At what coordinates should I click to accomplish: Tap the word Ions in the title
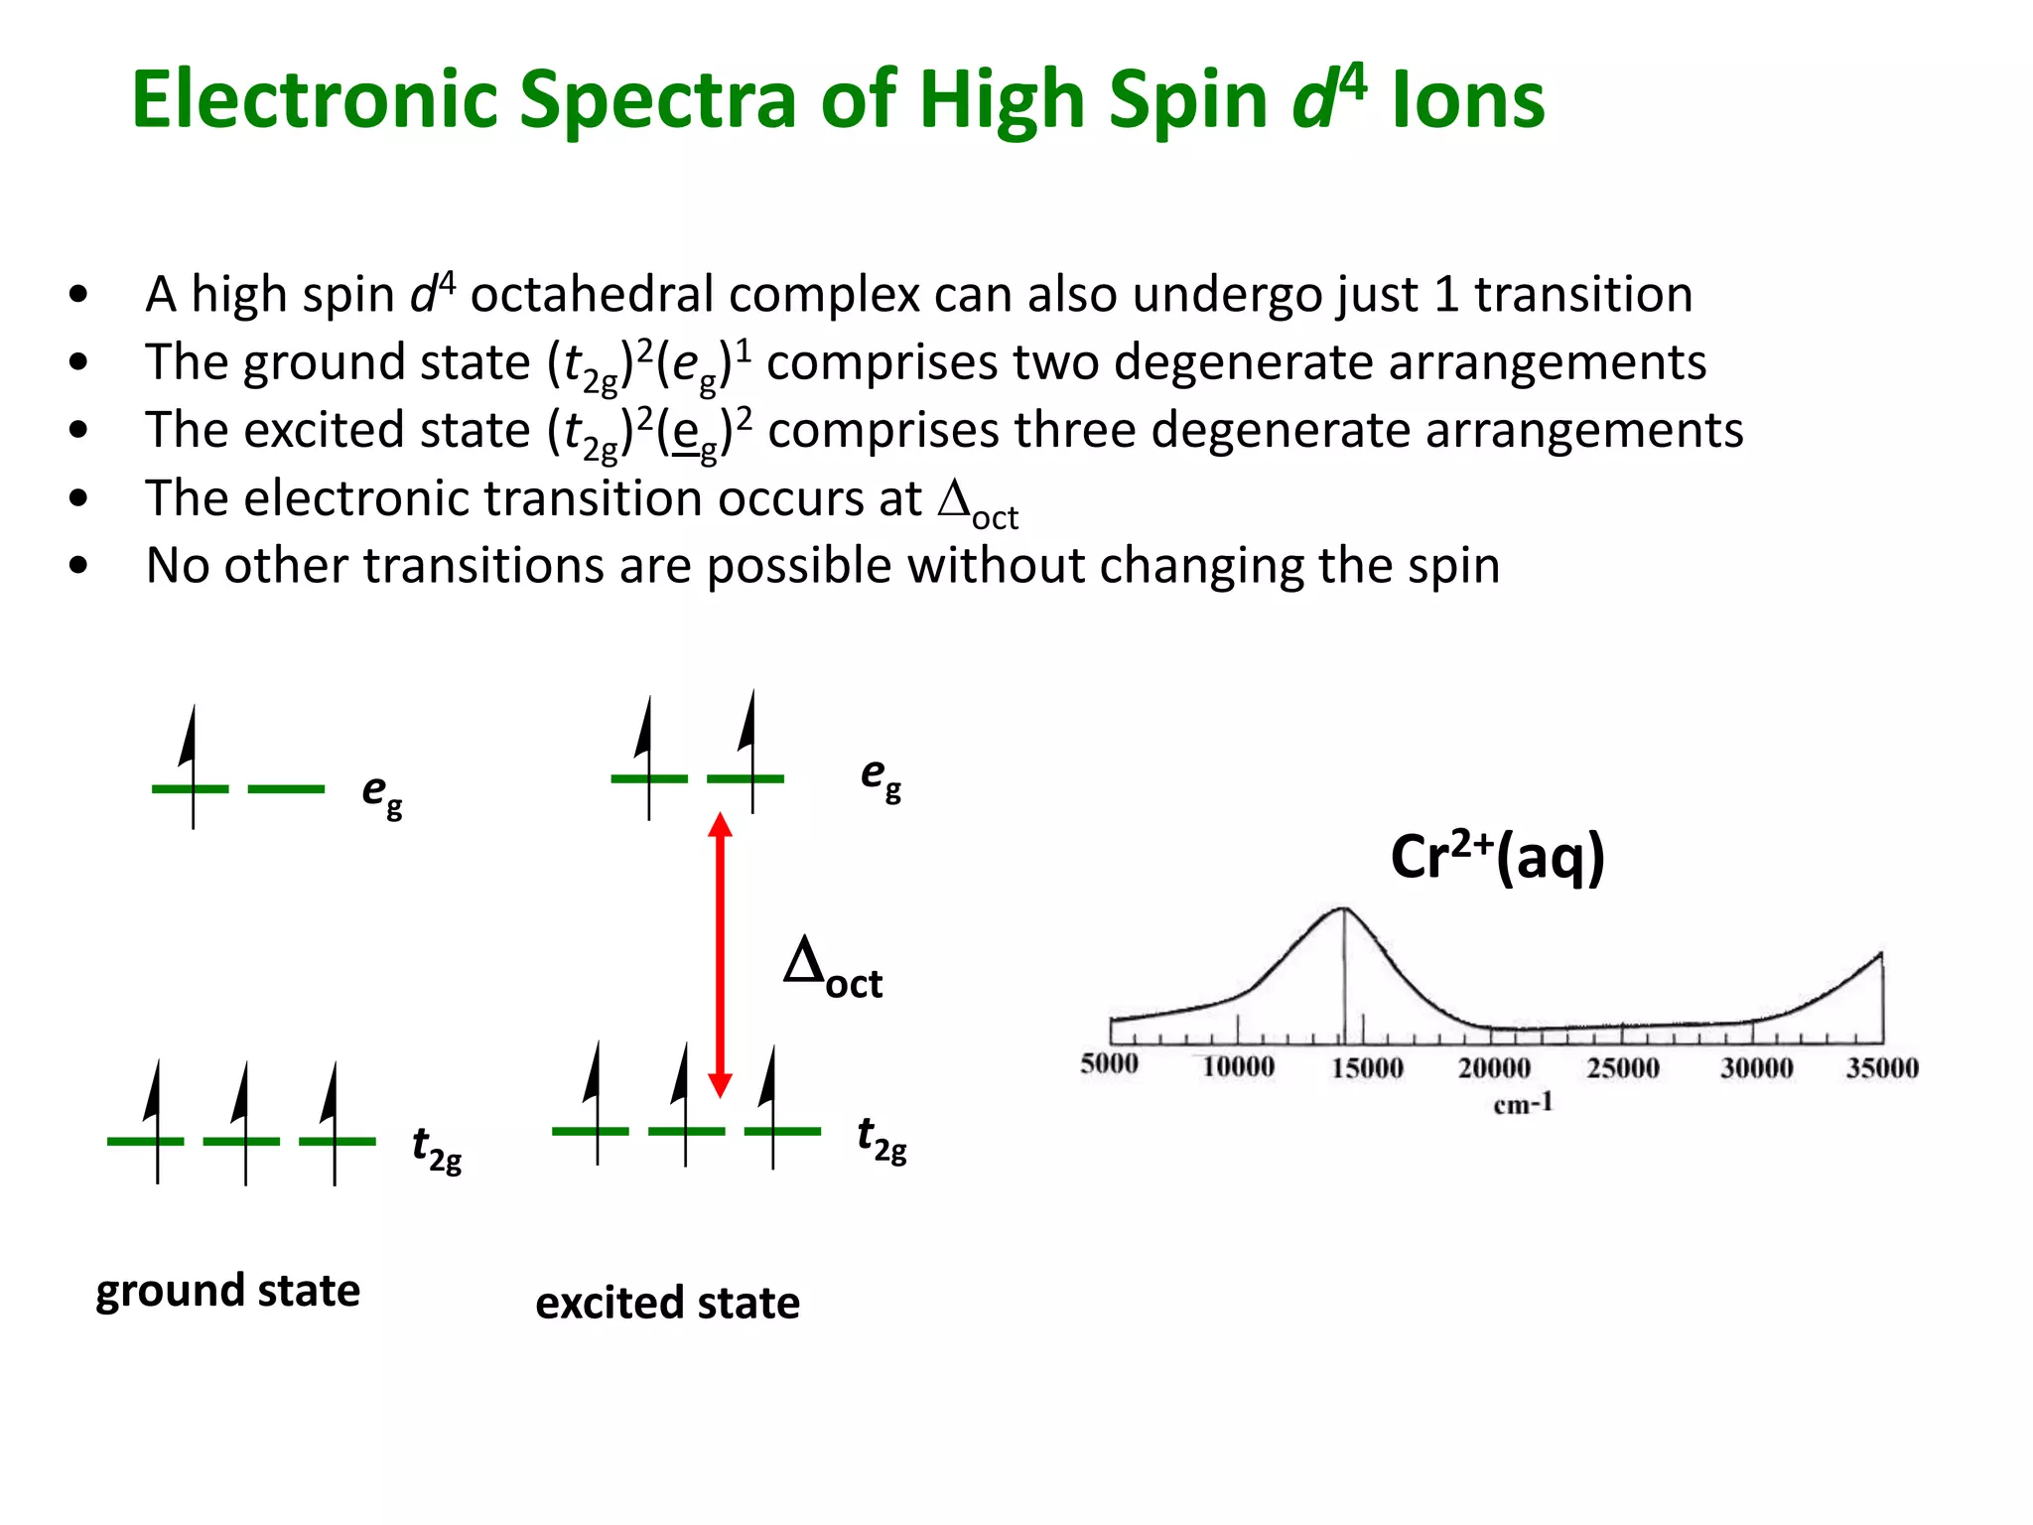pyautogui.click(x=1468, y=101)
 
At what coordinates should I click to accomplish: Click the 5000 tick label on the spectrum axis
pyautogui.click(x=1109, y=1064)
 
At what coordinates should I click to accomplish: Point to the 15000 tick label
pyautogui.click(x=1367, y=1068)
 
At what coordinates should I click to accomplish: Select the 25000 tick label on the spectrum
pyautogui.click(x=1623, y=1068)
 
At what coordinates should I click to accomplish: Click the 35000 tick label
pyautogui.click(x=1882, y=1068)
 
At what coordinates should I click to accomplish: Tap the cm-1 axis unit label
pyautogui.click(x=1523, y=1104)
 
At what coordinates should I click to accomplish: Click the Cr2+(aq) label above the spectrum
pyautogui.click(x=1497, y=857)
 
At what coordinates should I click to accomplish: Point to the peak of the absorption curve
pyautogui.click(x=1343, y=908)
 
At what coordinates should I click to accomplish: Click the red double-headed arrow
pyautogui.click(x=721, y=953)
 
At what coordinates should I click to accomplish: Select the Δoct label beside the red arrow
pyautogui.click(x=832, y=970)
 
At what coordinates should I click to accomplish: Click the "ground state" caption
pyautogui.click(x=227, y=1291)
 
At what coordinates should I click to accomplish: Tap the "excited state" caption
pyautogui.click(x=667, y=1303)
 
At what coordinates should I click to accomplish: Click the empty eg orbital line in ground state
pyautogui.click(x=286, y=789)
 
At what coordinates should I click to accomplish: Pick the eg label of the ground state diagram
pyautogui.click(x=381, y=793)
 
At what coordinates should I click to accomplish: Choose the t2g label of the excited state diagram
pyautogui.click(x=881, y=1138)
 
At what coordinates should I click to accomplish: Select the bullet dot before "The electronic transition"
pyautogui.click(x=79, y=497)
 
